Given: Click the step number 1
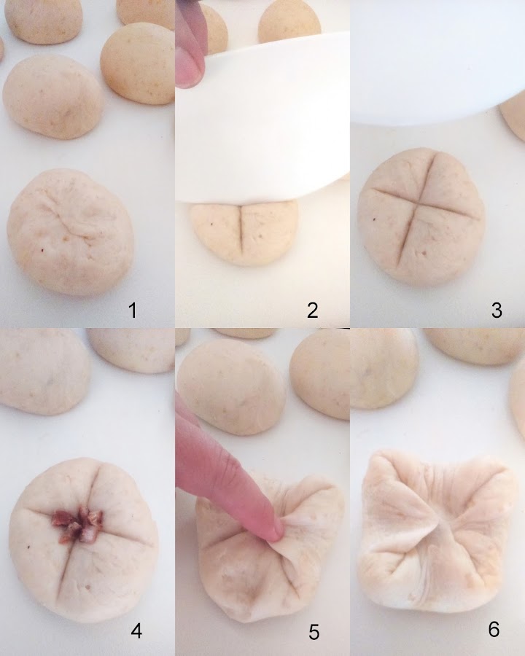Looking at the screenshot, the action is tap(133, 311).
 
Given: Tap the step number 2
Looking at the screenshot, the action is tap(312, 311).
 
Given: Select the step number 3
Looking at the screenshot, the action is tap(497, 311).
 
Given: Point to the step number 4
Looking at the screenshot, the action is tap(136, 631).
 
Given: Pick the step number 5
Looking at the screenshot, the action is tap(314, 632).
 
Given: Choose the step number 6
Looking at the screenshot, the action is tap(494, 629).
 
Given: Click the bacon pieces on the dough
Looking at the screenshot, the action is tap(77, 525).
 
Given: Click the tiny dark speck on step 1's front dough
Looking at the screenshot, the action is tap(42, 250).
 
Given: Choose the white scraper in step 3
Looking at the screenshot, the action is tap(437, 62).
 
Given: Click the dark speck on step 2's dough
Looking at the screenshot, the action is tap(212, 224).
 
